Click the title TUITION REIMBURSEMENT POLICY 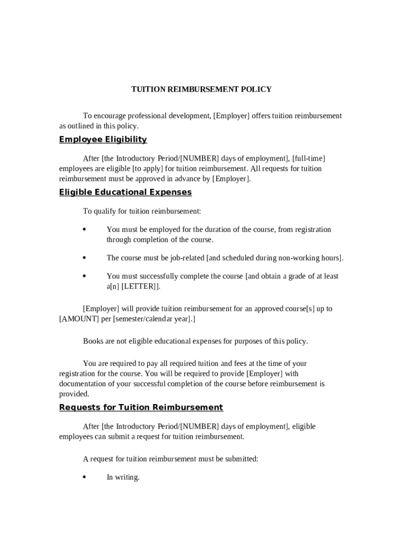point(201,90)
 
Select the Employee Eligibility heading point(103,139)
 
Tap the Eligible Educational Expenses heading point(125,192)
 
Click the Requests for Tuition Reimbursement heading point(141,407)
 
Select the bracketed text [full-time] point(309,158)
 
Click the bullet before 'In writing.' point(84,477)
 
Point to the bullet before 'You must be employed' point(84,229)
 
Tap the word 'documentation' point(83,384)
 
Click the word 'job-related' point(187,258)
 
